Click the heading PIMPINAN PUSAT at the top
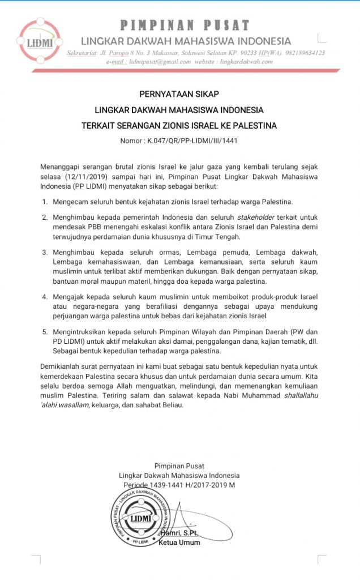[x=185, y=25]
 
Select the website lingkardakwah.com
[x=239, y=61]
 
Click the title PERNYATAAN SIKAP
[x=179, y=94]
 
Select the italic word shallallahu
[x=300, y=395]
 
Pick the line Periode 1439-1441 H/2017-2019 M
[x=179, y=485]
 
